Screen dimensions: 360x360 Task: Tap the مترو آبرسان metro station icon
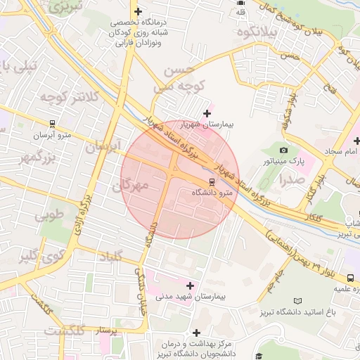click(52, 122)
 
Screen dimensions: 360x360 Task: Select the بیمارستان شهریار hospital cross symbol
click(207, 112)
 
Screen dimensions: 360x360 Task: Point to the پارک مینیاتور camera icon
click(283, 150)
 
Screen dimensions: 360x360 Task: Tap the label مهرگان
click(130, 185)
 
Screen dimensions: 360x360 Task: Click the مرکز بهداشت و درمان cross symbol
click(196, 332)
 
